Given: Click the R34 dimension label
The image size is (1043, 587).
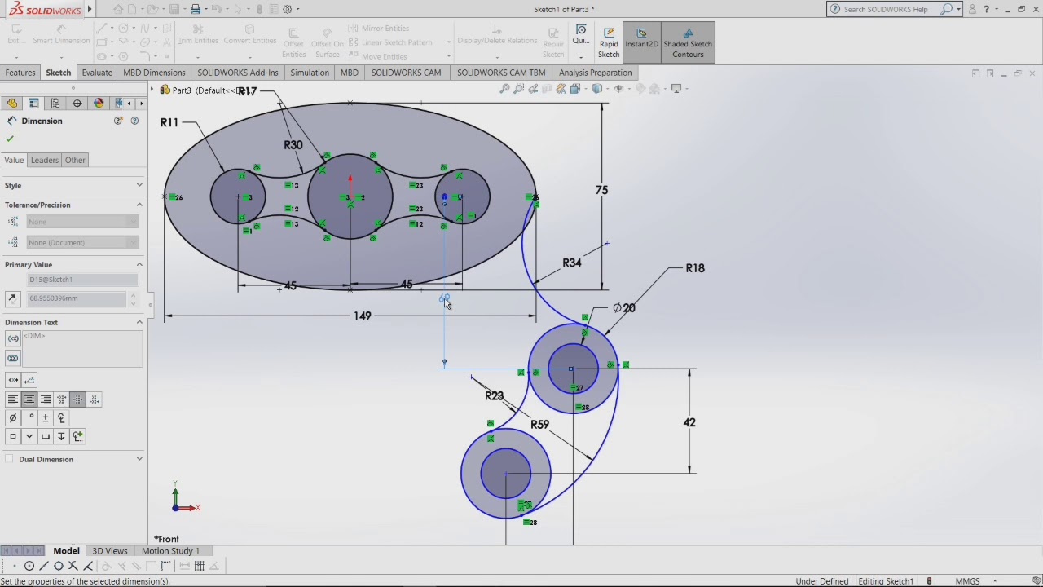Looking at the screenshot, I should coord(571,263).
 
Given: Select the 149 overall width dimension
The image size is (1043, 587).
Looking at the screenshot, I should coord(363,316).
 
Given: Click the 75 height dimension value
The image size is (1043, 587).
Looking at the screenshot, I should coord(601,190).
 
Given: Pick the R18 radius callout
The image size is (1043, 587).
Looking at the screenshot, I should coord(694,268).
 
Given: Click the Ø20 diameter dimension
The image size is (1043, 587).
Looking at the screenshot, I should coord(624,308).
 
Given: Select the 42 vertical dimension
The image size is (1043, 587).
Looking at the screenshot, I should coord(689,422).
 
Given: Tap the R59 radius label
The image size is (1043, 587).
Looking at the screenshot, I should coord(539,425).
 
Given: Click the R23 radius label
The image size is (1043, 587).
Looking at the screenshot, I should coord(494,396).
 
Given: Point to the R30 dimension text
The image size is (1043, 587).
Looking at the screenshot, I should coord(293,145).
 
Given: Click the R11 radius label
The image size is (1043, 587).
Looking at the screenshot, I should coord(169,122).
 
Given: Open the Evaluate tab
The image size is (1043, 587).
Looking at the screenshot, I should coord(96,73).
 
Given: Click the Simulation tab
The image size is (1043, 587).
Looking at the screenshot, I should coord(310,73).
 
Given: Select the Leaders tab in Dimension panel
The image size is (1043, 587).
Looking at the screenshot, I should coord(45,161).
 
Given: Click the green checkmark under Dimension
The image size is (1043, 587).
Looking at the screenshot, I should coord(10,139).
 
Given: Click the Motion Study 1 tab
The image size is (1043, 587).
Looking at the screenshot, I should coord(170,551).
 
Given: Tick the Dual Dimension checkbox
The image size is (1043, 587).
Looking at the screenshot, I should coord(10,460).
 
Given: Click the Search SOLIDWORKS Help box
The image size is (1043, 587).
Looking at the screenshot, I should coord(888,9).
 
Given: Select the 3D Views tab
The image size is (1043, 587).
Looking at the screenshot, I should coord(110,551).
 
